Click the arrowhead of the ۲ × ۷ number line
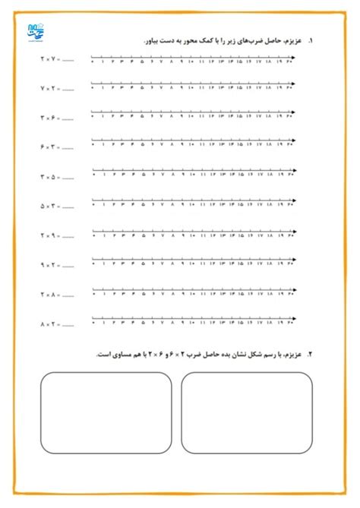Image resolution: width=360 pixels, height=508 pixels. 295,58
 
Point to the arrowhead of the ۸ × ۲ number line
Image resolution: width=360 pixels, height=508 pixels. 295,318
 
